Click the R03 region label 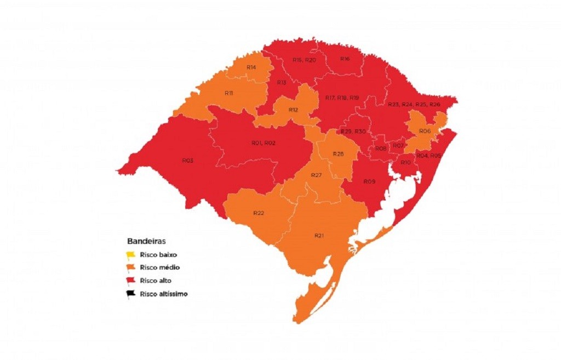click(187, 161)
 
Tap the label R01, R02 click(263, 142)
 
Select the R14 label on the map click(251, 67)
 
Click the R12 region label click(294, 110)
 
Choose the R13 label click(281, 82)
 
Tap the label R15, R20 click(304, 59)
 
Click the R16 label click(345, 59)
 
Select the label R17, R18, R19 click(342, 98)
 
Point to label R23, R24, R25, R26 click(414, 104)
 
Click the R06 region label click(425, 131)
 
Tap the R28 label click(338, 154)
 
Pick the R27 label click(316, 175)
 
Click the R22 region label click(259, 213)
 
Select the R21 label click(319, 235)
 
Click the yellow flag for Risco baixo click(131, 255)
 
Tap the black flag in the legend click(131, 294)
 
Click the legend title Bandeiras click(147, 241)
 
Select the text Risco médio click(160, 267)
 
